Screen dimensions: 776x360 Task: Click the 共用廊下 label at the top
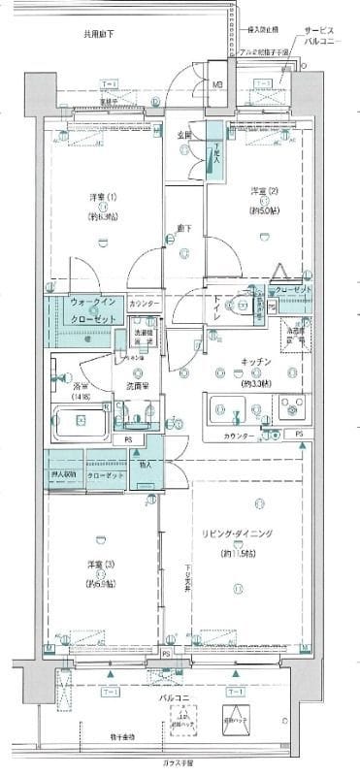(x=97, y=34)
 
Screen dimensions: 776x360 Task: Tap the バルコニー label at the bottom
(x=180, y=696)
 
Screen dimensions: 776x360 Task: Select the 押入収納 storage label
(x=65, y=476)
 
